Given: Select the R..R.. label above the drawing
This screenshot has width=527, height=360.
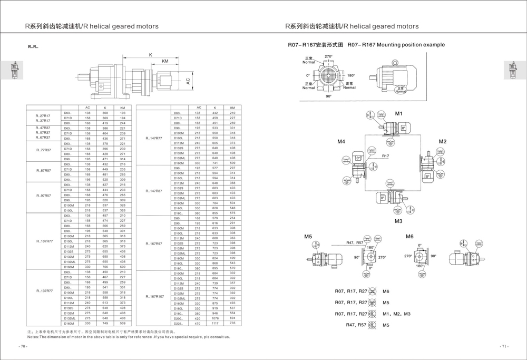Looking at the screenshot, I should (33, 47).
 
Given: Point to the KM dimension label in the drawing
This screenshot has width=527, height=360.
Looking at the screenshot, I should (165, 62).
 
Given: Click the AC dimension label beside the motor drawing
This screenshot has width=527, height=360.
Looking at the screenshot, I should (188, 81).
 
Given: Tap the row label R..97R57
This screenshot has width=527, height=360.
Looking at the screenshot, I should (43, 196).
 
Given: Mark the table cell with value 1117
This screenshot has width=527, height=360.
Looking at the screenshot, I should (215, 323).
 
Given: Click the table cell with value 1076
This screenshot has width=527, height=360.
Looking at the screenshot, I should (215, 318).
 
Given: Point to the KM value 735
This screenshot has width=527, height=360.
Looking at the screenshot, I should (232, 323).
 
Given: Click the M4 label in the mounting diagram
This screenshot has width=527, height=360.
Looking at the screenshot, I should (341, 142).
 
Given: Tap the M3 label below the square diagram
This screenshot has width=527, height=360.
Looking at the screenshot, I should (398, 221).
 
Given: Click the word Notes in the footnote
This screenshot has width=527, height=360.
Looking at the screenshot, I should (34, 336).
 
